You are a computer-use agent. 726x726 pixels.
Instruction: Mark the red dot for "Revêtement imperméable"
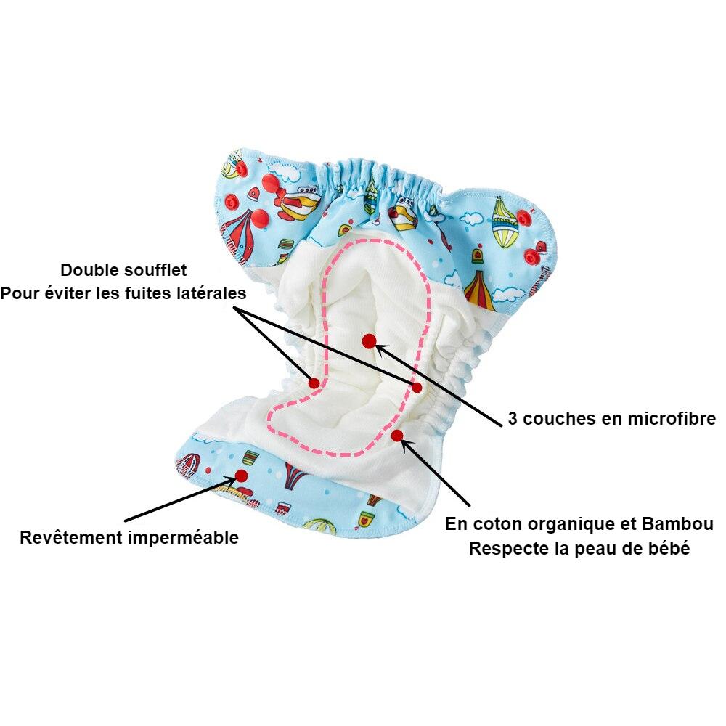242,476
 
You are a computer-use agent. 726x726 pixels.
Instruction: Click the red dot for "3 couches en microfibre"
369,340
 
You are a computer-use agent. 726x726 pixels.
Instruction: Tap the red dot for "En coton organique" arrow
397,435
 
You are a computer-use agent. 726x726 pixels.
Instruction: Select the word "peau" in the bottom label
607,549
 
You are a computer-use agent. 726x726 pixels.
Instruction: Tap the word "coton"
493,524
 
